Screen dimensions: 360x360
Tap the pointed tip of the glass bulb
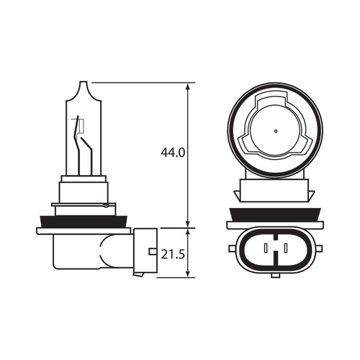85,85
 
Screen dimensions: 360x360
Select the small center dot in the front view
276,132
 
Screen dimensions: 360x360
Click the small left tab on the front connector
232,250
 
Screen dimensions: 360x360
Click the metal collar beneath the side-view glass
84,190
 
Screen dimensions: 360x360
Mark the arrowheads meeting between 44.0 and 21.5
188,228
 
